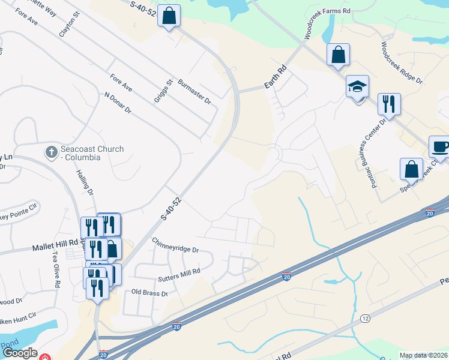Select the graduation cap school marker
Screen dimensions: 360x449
(x=357, y=88)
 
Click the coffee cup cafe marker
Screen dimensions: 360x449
(x=439, y=148)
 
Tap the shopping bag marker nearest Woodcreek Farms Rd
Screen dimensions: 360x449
(x=338, y=55)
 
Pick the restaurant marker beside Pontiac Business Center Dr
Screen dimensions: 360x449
(x=389, y=104)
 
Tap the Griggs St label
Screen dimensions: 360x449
(x=163, y=91)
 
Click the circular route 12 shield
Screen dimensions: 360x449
(x=364, y=317)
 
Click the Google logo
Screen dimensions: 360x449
(x=20, y=353)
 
